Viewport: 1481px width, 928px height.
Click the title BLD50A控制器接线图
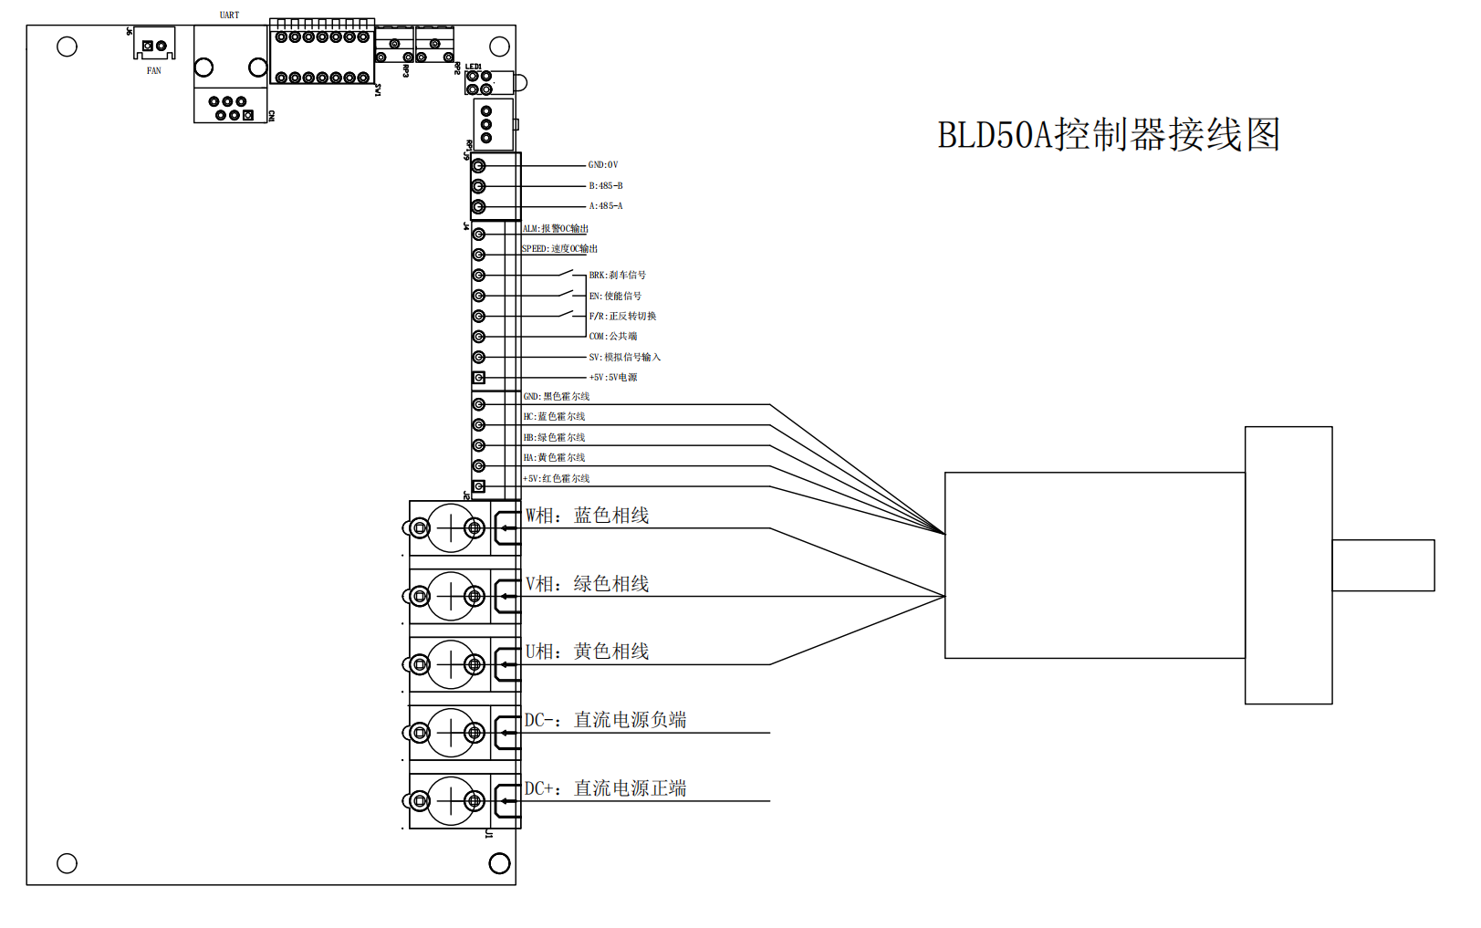(1109, 135)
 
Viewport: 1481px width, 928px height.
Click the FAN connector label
(153, 70)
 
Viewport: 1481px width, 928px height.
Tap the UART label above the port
(229, 15)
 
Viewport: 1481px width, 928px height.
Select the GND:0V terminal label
(602, 165)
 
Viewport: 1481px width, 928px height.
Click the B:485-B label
(605, 185)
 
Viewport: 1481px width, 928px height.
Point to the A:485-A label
(605, 206)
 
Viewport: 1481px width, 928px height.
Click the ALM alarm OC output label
(556, 229)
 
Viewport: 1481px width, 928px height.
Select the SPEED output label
(559, 249)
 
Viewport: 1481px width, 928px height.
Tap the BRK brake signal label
(617, 275)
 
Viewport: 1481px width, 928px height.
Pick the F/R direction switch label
(622, 316)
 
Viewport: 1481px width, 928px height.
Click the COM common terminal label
(612, 336)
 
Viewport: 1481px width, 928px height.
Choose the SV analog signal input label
(624, 357)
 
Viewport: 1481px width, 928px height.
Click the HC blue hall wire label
(554, 416)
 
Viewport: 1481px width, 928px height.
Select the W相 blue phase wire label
(587, 516)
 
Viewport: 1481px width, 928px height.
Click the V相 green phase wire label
(587, 584)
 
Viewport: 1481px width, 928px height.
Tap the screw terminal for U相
(451, 664)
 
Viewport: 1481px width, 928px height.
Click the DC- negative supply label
(605, 720)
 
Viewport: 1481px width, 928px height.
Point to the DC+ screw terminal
(451, 801)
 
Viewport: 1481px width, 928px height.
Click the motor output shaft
(1382, 565)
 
